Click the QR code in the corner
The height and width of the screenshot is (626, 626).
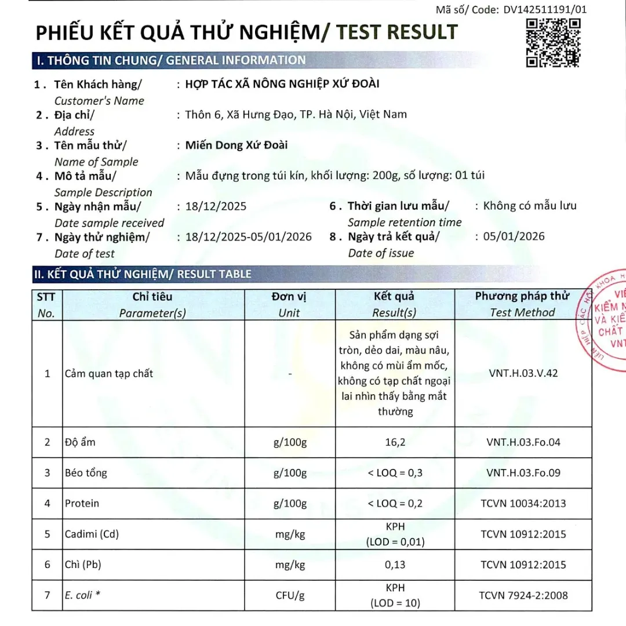click(553, 42)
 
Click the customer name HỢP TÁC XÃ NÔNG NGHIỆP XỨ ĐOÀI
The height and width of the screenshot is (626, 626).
click(282, 84)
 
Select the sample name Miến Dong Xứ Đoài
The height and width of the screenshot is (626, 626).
click(236, 145)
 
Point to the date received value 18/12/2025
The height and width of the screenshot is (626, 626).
click(216, 206)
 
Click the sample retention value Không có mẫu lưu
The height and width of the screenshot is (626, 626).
click(530, 206)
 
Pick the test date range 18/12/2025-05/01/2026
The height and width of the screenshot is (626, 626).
click(248, 236)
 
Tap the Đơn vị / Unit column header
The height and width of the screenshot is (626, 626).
click(289, 304)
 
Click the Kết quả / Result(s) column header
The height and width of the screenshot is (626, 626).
click(394, 304)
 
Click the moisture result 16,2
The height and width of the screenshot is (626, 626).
click(395, 442)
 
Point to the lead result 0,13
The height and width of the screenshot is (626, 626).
click(395, 565)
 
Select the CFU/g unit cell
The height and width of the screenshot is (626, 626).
click(289, 595)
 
